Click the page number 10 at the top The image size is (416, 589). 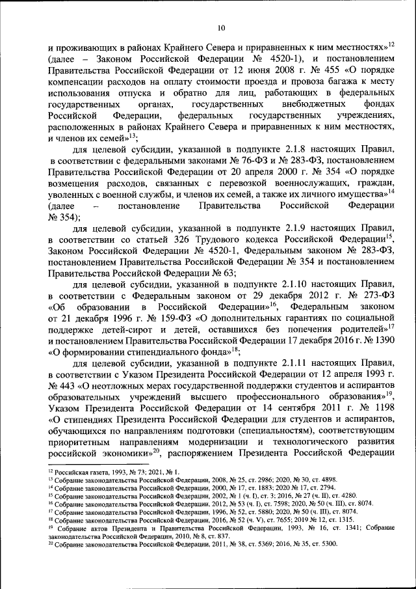[221, 27]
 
